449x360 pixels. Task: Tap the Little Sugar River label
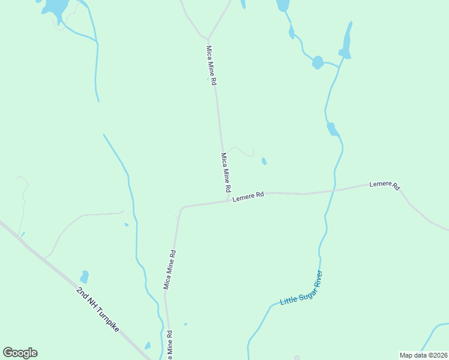coord(301,289)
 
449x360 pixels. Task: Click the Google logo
coord(20,353)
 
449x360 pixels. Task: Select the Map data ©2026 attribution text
coord(423,355)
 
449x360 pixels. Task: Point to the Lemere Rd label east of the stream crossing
coord(385,185)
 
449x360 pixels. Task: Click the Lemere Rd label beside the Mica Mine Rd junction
coord(248,196)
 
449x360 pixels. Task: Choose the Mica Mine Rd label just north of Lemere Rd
coord(226,172)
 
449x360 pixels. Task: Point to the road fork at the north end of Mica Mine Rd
coord(208,38)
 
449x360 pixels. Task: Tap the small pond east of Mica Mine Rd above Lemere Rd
coord(264,161)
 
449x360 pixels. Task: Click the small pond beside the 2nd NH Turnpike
coord(84,277)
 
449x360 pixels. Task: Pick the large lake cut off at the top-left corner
coord(54,7)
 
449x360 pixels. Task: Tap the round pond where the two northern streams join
coord(318,62)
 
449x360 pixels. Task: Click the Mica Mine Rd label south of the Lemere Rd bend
coord(170,269)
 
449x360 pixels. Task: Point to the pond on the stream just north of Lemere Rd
coord(332,129)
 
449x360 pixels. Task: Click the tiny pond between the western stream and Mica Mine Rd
coord(126,225)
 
